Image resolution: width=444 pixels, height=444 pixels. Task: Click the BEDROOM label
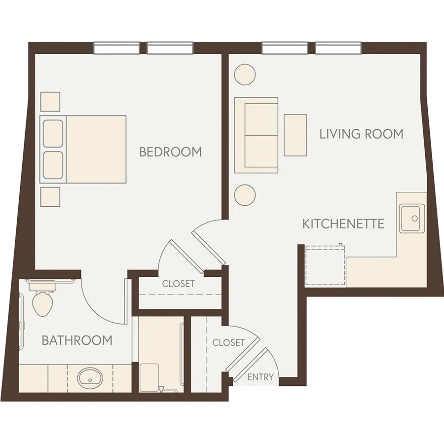[171, 152]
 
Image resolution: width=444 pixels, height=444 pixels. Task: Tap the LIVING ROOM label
[361, 134]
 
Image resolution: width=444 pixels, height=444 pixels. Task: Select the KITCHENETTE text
[343, 223]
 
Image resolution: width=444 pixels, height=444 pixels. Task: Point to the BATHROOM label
[77, 340]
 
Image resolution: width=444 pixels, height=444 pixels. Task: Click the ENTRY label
[260, 377]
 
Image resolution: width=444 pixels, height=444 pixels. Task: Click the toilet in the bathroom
[43, 300]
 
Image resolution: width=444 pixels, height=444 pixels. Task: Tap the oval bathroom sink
[90, 378]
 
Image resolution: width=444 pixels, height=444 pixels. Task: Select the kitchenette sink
[412, 219]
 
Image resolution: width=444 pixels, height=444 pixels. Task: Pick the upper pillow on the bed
[53, 134]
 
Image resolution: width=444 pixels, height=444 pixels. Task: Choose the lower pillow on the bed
[53, 165]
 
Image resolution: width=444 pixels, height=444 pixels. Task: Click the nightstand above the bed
[50, 102]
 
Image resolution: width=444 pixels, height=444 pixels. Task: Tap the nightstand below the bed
[50, 197]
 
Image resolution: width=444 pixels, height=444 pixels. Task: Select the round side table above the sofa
[245, 74]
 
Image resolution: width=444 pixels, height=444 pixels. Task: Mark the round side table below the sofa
[245, 195]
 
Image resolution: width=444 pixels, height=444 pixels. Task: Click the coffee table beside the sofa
[296, 135]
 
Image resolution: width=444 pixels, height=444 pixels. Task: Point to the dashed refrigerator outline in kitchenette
[325, 266]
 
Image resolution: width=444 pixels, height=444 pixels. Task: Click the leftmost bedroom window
[116, 48]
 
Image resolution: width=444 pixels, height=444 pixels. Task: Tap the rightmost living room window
[338, 48]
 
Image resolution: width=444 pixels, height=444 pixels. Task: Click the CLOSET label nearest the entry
[228, 343]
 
